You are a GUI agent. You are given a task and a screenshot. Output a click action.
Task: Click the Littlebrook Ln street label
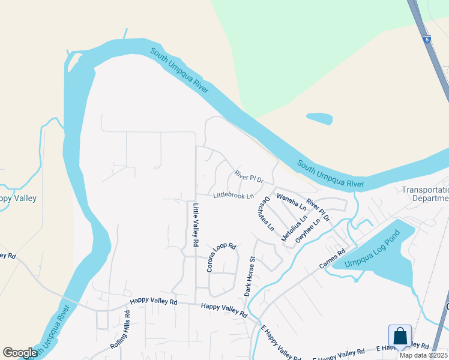coord(234,196)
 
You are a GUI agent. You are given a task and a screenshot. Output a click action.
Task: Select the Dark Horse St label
coord(250,277)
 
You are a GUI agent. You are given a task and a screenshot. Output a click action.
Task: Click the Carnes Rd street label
coord(333,260)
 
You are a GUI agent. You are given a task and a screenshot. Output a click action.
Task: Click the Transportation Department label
coord(426,194)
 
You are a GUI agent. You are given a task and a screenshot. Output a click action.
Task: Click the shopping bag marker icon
coord(400,335)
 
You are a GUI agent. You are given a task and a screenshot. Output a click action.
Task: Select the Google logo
coord(20,353)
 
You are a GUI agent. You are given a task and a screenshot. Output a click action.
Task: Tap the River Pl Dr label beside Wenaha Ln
coord(319,211)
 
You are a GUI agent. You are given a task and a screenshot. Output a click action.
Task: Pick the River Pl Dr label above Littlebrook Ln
coord(249,176)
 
